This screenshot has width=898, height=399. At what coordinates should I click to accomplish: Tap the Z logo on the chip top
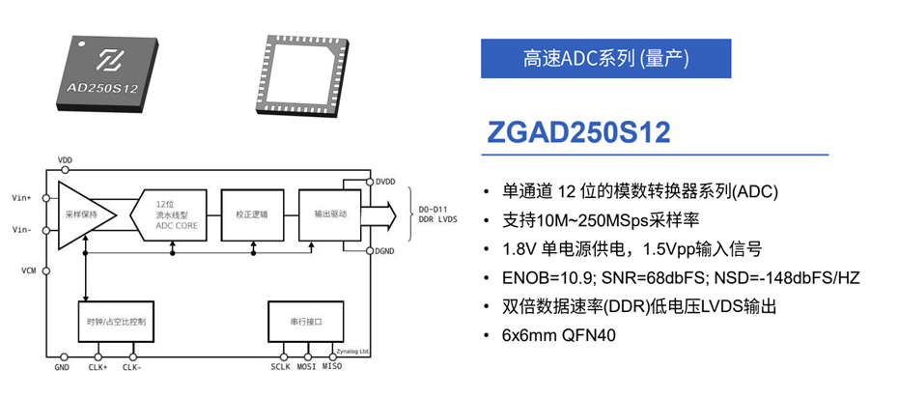coord(108,61)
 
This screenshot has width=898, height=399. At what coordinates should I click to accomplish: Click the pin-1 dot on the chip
coord(83,43)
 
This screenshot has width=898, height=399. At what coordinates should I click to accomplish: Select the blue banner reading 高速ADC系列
coord(605,58)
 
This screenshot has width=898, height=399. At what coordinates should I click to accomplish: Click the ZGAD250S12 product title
coord(578,133)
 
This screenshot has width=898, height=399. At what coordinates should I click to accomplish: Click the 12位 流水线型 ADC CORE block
coord(169,215)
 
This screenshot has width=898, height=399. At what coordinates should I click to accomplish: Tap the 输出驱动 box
coord(328,214)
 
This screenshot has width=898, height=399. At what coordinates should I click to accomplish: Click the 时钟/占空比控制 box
coord(116,322)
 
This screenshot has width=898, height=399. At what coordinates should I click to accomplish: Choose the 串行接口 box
coord(306,322)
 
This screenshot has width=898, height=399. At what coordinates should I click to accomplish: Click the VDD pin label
coord(66,160)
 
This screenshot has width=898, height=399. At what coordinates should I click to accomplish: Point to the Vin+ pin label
coord(21,198)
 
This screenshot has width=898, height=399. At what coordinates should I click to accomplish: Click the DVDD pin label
coord(385,182)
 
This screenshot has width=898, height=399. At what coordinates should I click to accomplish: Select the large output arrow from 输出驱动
coord(378,214)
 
